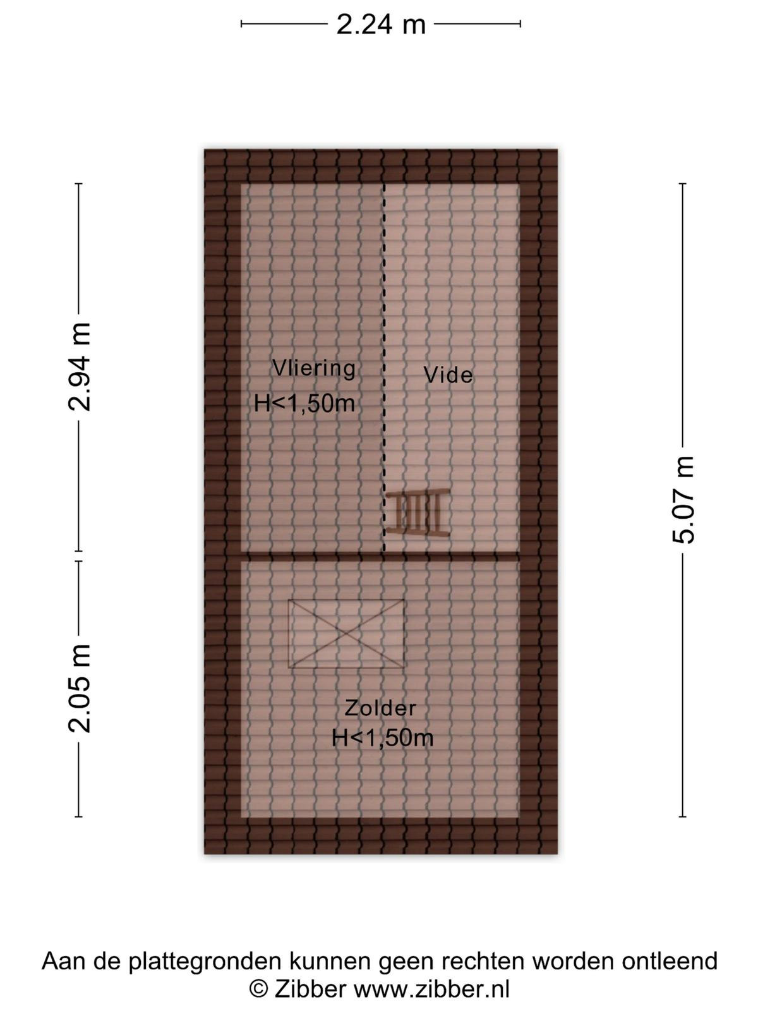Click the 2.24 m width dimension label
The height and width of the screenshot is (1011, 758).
(381, 25)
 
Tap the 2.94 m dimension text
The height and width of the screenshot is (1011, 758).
(80, 366)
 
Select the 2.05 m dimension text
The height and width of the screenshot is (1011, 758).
(80, 689)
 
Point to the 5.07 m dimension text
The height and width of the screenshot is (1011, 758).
(683, 500)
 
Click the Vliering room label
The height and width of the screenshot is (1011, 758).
(314, 368)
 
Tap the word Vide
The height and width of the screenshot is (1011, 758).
(448, 375)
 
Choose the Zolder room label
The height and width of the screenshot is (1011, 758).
(380, 708)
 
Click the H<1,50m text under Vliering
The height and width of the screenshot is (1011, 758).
(304, 404)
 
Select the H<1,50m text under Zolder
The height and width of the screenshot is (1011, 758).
(382, 738)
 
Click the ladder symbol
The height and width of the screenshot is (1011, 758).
(418, 513)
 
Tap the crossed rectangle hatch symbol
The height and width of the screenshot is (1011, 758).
(346, 634)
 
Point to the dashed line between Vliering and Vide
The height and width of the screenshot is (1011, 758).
(384, 368)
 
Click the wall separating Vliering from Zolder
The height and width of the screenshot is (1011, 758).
(380, 557)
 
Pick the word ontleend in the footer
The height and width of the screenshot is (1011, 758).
(670, 961)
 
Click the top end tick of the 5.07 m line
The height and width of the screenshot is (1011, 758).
(683, 184)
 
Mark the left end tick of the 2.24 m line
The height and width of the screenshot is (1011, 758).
(242, 24)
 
